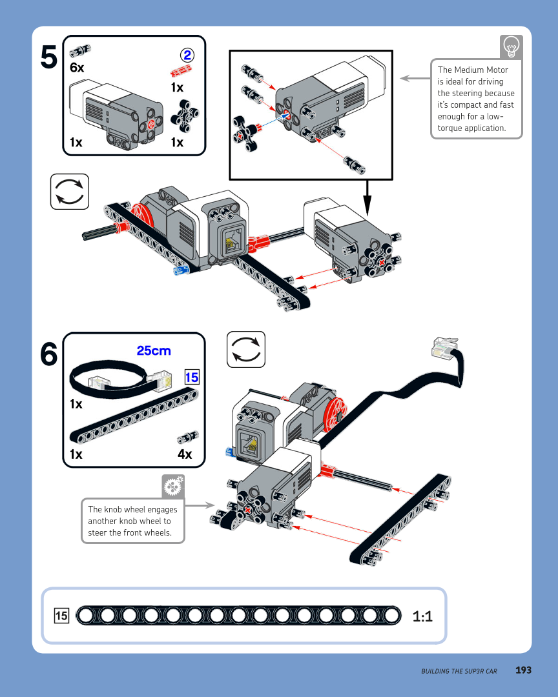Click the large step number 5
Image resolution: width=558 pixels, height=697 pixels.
[x=48, y=57]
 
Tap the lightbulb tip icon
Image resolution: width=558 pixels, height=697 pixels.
[x=511, y=46]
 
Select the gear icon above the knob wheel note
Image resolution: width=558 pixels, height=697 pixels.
[x=173, y=486]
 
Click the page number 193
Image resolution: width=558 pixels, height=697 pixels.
[x=523, y=671]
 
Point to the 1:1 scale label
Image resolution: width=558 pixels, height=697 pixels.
[x=422, y=616]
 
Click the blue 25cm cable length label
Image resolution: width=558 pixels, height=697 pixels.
[x=154, y=351]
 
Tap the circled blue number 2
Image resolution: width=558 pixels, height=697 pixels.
[x=187, y=55]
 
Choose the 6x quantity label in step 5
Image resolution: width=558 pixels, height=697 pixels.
[x=77, y=67]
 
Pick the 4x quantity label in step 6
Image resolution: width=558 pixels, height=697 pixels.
[x=185, y=454]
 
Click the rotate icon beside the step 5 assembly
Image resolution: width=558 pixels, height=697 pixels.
[x=69, y=192]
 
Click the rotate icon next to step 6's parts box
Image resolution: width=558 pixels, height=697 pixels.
[x=246, y=349]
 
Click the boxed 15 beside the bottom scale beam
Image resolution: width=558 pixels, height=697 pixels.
[x=61, y=616]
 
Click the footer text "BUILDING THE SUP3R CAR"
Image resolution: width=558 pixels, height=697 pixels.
[x=459, y=671]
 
